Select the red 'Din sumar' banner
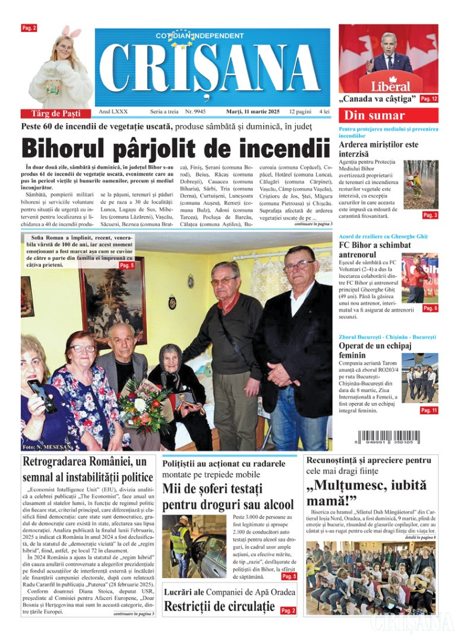[388, 115]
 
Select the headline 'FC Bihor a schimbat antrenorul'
[375, 249]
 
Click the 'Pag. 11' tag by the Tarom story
[429, 410]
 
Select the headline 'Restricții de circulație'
[219, 607]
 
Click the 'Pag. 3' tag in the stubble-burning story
[430, 215]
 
